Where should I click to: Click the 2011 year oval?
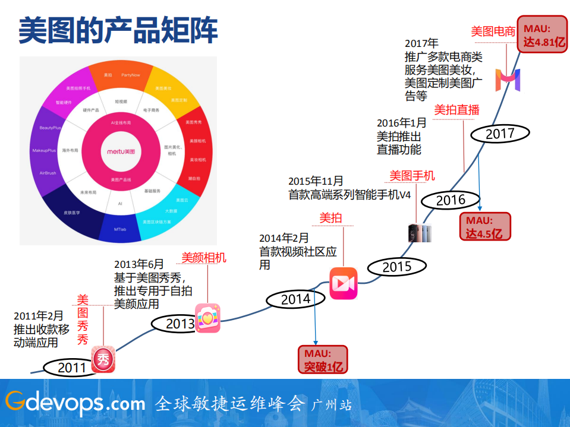(71, 368)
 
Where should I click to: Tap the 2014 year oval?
(295, 299)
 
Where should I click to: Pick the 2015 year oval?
(396, 267)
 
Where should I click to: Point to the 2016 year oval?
(450, 200)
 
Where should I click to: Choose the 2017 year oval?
(500, 134)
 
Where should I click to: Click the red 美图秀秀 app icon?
(103, 360)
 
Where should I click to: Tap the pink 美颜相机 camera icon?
(208, 318)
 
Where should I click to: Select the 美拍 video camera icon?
(344, 283)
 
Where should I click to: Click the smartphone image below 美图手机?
(419, 233)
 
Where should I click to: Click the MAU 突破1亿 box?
(323, 360)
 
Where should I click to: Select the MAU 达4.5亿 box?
(484, 226)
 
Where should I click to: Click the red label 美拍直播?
(456, 110)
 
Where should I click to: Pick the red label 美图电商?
(493, 32)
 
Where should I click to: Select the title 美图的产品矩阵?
(118, 30)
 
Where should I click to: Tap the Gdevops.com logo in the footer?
(75, 403)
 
